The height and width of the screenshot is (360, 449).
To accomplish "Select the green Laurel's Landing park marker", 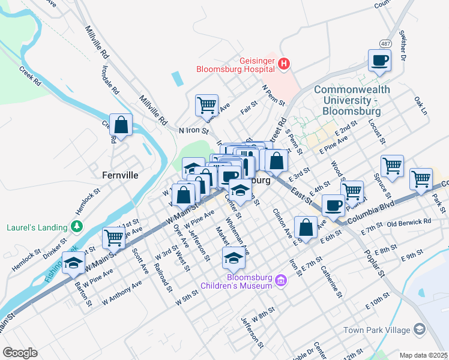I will (x=76, y=227).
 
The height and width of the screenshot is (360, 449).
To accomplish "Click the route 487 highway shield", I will (x=385, y=43).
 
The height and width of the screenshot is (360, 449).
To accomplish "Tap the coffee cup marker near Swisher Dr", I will (x=380, y=61).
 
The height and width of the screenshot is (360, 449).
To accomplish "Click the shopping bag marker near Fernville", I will (x=121, y=125).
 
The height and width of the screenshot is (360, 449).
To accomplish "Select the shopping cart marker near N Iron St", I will (x=206, y=104).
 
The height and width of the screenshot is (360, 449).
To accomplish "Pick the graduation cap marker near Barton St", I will (x=74, y=264).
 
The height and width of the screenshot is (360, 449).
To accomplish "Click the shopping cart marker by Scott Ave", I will (x=113, y=237).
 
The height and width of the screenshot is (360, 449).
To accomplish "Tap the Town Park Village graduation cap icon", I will (x=418, y=329).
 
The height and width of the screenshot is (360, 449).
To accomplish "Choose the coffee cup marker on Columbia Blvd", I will (x=333, y=206).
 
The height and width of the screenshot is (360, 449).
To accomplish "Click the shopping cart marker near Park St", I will (x=421, y=178).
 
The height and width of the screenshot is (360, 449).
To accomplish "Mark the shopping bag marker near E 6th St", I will (x=306, y=227).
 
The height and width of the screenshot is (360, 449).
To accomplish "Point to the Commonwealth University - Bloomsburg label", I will (x=352, y=100).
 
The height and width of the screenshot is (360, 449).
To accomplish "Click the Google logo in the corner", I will (x=20, y=352).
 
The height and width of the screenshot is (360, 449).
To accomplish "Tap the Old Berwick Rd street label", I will (x=409, y=222).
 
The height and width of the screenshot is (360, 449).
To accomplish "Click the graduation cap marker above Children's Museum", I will (x=234, y=258).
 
